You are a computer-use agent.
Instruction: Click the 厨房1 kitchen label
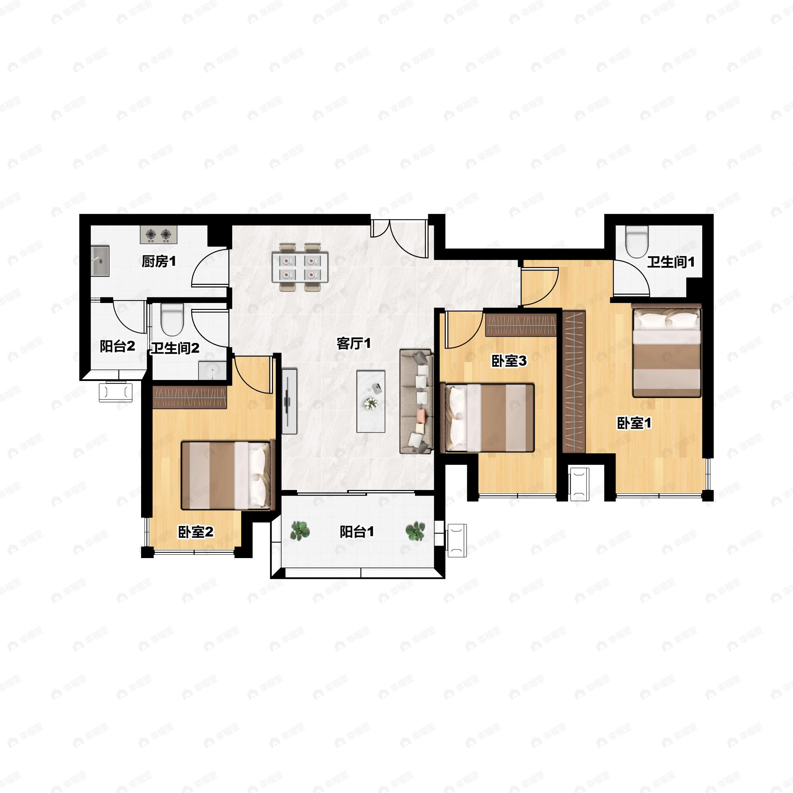(x=159, y=261)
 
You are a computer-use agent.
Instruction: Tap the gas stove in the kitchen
(x=159, y=234)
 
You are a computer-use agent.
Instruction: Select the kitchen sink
(x=100, y=261)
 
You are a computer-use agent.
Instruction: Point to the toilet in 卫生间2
(x=171, y=320)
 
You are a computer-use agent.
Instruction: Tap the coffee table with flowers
(x=371, y=401)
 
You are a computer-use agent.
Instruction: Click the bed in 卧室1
(x=666, y=350)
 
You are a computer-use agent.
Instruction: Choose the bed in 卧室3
(x=487, y=417)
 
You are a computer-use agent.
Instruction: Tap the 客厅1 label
(x=354, y=343)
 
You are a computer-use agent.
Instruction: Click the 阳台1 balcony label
(x=357, y=532)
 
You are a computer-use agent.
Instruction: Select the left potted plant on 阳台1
(x=300, y=531)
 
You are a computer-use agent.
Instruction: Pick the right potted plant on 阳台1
(x=415, y=531)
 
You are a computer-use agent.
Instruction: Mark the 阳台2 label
(x=117, y=346)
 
